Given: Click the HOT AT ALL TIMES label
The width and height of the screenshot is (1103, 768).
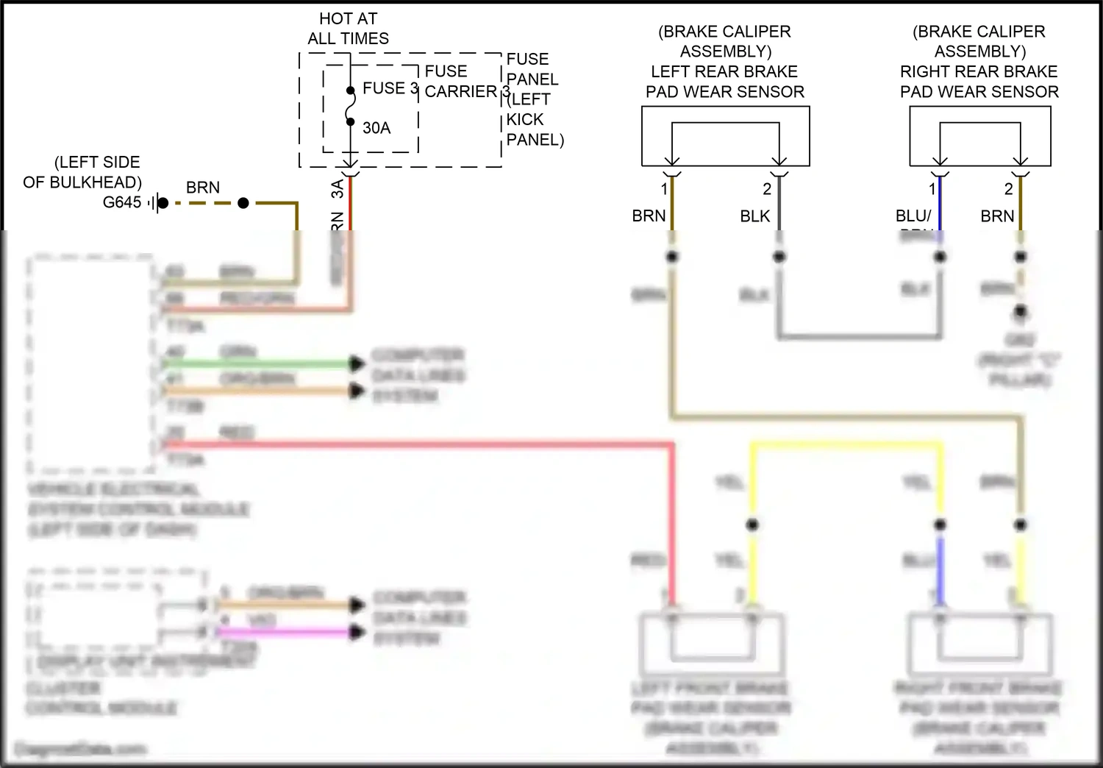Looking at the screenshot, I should point(348,29).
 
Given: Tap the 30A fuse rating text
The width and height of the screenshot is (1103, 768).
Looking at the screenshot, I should point(376,128).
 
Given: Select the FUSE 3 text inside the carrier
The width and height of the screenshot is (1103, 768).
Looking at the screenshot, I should point(390,88).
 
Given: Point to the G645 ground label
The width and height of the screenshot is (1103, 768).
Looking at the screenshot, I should point(121,202).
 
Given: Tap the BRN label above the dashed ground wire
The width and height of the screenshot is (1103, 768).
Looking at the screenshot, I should point(202,188).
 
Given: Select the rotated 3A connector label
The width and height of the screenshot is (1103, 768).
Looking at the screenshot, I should point(338,189).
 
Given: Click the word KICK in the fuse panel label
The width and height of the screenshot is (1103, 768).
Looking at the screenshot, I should point(525,119).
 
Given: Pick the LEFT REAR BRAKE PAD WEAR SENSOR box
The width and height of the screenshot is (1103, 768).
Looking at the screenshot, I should point(725,137).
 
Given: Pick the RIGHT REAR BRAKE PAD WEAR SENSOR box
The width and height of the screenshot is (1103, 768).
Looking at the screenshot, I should point(979,137).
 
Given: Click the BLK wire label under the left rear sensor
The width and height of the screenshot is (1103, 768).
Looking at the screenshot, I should point(754,216).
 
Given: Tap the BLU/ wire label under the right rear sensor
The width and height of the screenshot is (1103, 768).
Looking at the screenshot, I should point(913,216).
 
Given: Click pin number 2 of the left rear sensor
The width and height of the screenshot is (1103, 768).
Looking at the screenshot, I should point(767,190).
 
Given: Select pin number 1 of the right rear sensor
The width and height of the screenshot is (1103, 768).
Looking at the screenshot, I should point(932,190).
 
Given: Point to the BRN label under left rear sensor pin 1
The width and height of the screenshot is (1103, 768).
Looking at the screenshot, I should point(649,216).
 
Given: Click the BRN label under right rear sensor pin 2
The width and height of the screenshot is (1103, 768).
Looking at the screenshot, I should point(997,216).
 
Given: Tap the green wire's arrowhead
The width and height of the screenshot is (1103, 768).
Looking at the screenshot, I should point(357,363).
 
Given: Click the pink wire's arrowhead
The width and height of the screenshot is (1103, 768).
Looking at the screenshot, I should point(357,632).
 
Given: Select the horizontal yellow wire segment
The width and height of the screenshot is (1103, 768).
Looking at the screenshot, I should point(846,444).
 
